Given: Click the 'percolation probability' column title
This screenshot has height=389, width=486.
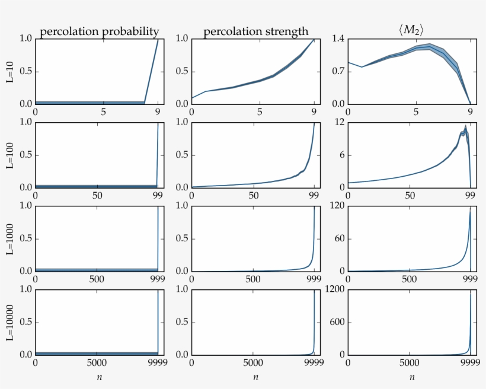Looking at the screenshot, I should pyautogui.click(x=99, y=31).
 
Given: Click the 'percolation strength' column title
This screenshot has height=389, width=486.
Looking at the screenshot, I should pyautogui.click(x=256, y=31).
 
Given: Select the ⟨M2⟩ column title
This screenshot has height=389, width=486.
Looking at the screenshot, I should pyautogui.click(x=409, y=30).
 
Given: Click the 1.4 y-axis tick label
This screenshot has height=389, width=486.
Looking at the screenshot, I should pyautogui.click(x=338, y=39).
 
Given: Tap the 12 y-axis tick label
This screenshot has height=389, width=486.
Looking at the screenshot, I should pyautogui.click(x=340, y=122).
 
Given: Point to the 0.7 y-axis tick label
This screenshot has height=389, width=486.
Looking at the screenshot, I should pyautogui.click(x=338, y=72).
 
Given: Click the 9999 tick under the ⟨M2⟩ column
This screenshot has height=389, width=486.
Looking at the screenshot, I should pyautogui.click(x=470, y=363).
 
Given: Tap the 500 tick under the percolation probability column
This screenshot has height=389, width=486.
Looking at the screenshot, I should pyautogui.click(x=97, y=279).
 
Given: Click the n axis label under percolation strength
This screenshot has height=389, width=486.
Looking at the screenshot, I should pyautogui.click(x=255, y=377).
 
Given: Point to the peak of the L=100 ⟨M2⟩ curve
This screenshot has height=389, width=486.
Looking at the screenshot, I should pyautogui.click(x=466, y=126).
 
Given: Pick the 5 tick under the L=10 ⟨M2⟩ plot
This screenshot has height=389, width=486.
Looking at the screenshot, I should pyautogui.click(x=416, y=112).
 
